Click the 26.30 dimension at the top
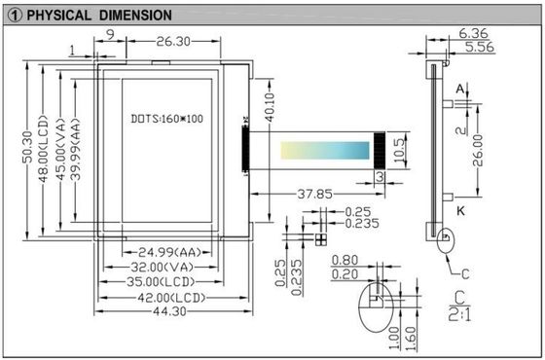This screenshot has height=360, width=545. click(x=172, y=42)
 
